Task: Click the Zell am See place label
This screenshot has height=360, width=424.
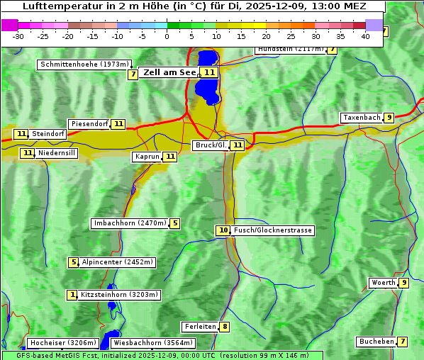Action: click(x=169, y=72)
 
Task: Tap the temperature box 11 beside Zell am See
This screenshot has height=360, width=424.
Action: click(x=208, y=72)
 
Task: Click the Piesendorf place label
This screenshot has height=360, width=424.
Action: click(x=89, y=124)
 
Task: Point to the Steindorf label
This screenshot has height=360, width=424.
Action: click(x=49, y=134)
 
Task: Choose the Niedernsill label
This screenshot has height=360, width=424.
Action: click(x=57, y=152)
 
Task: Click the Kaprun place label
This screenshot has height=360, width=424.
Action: click(x=147, y=157)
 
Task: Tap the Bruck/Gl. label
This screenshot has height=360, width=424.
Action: click(x=211, y=145)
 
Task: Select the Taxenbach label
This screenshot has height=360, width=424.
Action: click(x=362, y=118)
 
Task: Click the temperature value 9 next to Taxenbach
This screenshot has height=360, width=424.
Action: click(x=389, y=118)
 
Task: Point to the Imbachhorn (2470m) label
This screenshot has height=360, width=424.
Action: click(x=130, y=223)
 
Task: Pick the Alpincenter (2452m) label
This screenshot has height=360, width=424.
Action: click(x=118, y=262)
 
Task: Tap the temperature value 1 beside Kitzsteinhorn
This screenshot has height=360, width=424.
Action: click(x=72, y=295)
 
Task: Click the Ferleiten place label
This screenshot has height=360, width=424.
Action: click(x=199, y=327)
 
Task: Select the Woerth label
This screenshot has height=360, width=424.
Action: click(x=384, y=283)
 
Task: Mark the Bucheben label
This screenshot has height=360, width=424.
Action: click(x=376, y=342)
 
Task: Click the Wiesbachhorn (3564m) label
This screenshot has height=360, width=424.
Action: click(x=153, y=343)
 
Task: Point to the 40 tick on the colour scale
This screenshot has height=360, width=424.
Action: click(x=365, y=36)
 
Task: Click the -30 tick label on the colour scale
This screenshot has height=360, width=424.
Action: click(x=18, y=36)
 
